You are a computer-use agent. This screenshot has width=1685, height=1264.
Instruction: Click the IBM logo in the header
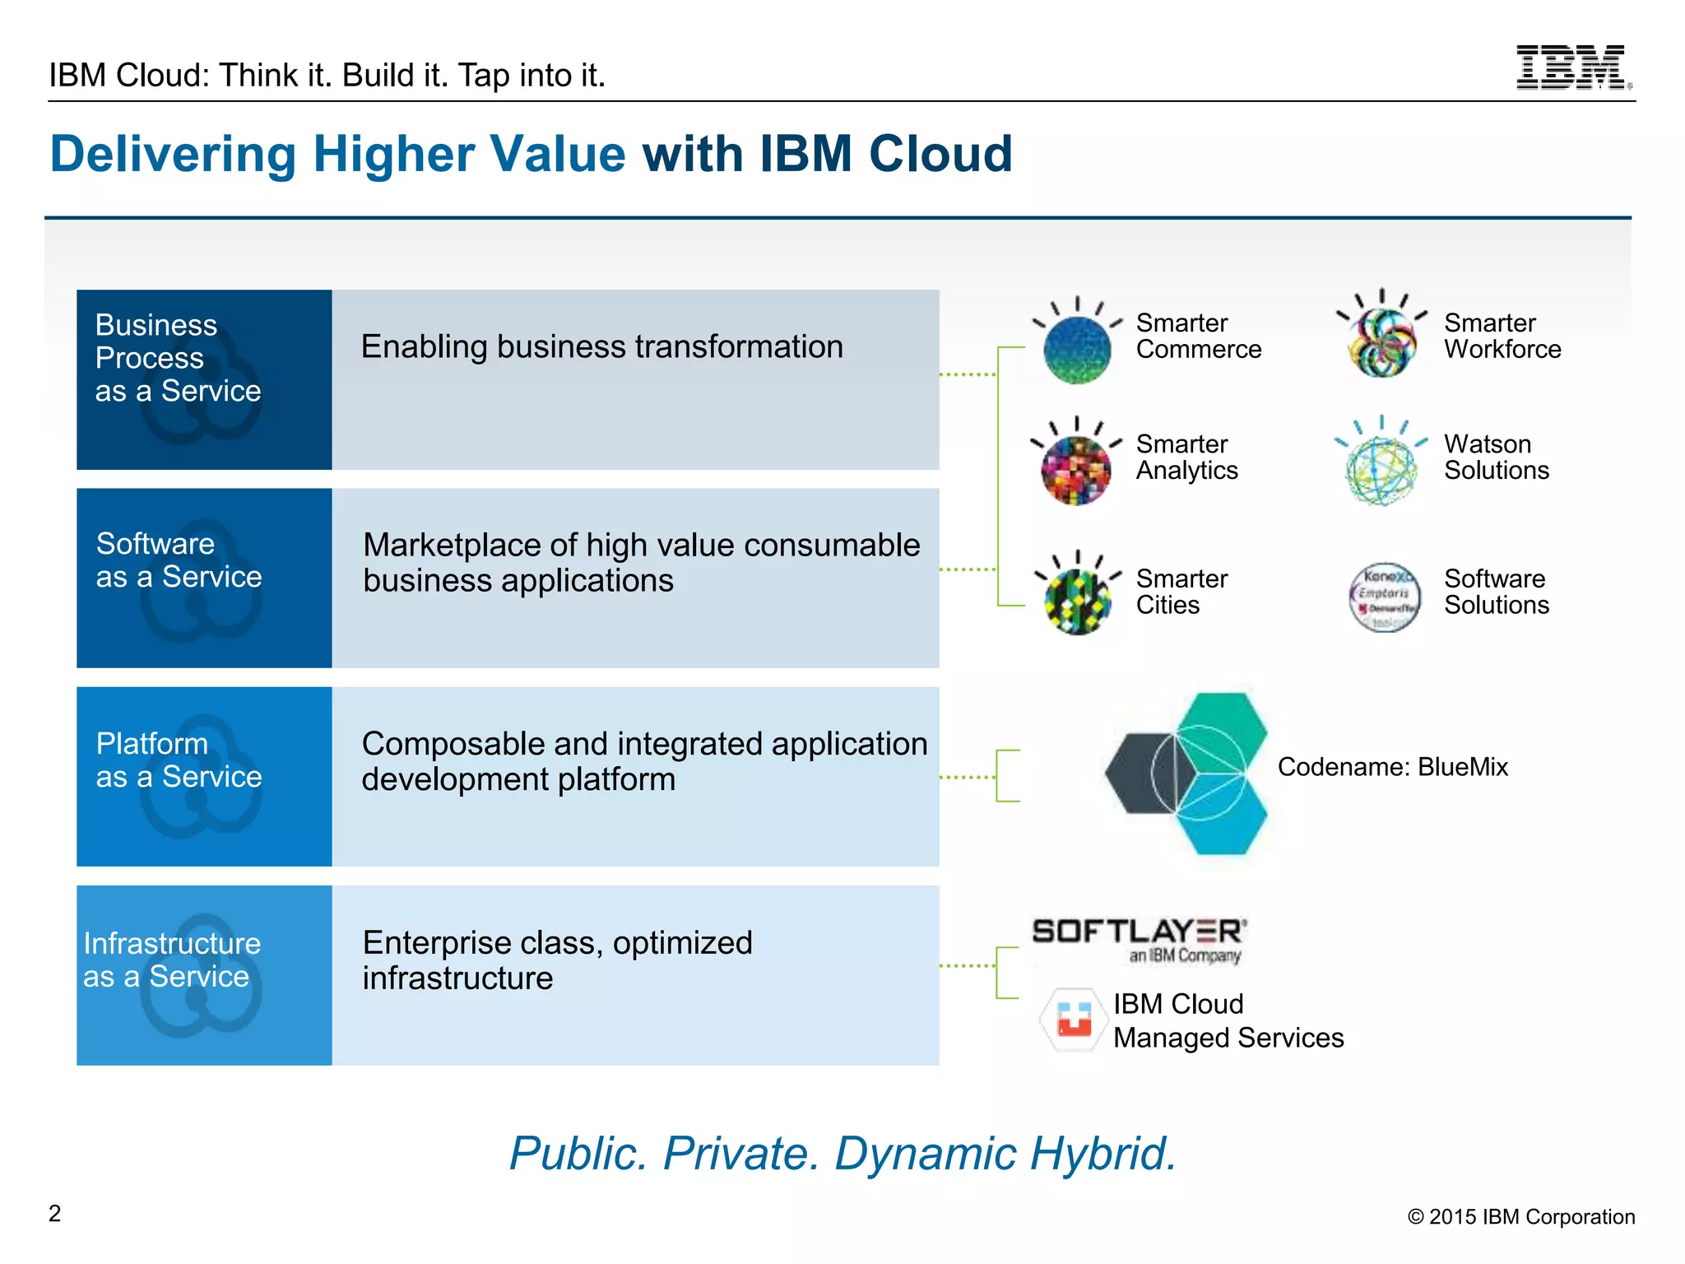pyautogui.click(x=1572, y=67)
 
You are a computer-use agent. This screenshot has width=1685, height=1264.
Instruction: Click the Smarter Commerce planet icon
pyautogui.click(x=1077, y=349)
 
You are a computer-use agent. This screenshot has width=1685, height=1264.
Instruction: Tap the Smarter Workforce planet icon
pyautogui.click(x=1382, y=342)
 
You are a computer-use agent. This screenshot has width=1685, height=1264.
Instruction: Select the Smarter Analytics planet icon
pyautogui.click(x=1076, y=470)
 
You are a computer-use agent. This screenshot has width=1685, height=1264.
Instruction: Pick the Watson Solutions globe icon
pyautogui.click(x=1382, y=470)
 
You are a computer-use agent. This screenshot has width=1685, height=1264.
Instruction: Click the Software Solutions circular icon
pyautogui.click(x=1385, y=597)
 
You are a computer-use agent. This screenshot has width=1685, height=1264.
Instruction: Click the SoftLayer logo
pyautogui.click(x=1139, y=939)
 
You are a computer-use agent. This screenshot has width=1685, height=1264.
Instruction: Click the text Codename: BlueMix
pyautogui.click(x=1392, y=767)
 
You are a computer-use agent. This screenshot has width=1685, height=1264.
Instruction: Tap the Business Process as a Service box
pyautogui.click(x=204, y=379)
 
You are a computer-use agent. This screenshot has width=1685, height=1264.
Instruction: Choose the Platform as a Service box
pyautogui.click(x=204, y=776)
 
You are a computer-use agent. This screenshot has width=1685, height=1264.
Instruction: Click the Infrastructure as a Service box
pyautogui.click(x=204, y=975)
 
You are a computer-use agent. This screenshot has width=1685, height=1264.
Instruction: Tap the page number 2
pyautogui.click(x=55, y=1213)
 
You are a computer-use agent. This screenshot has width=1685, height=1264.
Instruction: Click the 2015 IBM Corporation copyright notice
pyautogui.click(x=1520, y=1216)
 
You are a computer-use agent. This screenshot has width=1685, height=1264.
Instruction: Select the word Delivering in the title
pyautogui.click(x=173, y=154)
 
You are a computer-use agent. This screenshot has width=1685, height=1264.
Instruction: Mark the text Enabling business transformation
pyautogui.click(x=601, y=346)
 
